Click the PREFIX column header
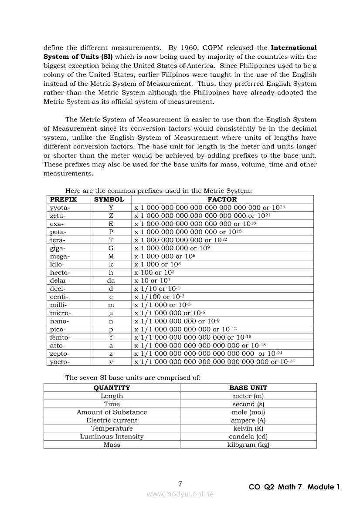(x=64, y=199)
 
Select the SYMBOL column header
(x=109, y=199)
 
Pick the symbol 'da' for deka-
(x=111, y=281)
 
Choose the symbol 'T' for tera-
(x=111, y=240)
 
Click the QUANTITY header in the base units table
(x=112, y=388)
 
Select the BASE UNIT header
(x=248, y=388)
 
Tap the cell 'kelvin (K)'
(x=248, y=428)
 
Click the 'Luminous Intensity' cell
(x=112, y=436)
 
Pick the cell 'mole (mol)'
(x=248, y=412)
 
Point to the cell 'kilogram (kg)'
(x=248, y=445)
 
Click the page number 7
(x=180, y=484)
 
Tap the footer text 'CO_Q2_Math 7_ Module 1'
(x=294, y=487)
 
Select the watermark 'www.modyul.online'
(x=180, y=494)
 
